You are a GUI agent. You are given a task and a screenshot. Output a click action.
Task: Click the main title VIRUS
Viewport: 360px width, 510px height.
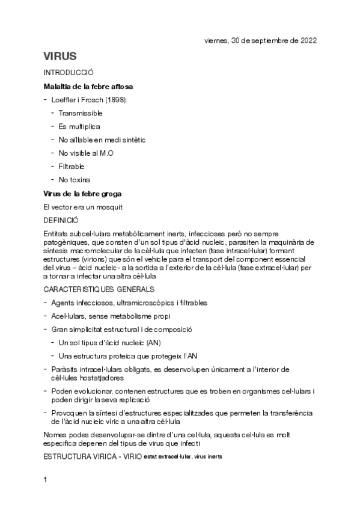point(60,57)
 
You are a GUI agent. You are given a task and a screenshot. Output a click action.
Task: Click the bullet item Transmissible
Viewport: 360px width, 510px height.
point(81,113)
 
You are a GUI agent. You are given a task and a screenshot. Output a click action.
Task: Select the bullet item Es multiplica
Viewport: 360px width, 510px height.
point(79,126)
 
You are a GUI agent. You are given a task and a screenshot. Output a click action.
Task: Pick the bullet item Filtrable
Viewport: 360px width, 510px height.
point(72,166)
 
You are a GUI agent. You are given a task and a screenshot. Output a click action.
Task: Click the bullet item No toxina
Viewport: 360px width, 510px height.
point(75,180)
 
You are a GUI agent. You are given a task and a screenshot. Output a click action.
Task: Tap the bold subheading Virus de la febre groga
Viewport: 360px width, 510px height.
point(82,193)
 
